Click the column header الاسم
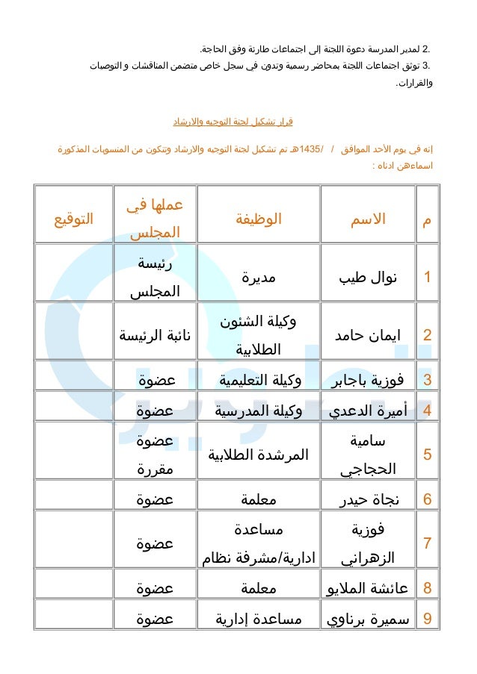(x=368, y=219)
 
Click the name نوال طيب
(x=368, y=278)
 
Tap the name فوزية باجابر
(x=368, y=380)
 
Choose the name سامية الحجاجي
(x=368, y=454)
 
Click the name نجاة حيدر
(x=368, y=499)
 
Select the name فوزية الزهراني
(x=368, y=543)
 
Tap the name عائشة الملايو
(x=368, y=588)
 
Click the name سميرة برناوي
(x=368, y=618)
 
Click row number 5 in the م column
(x=427, y=455)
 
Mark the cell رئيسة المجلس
(x=156, y=278)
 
